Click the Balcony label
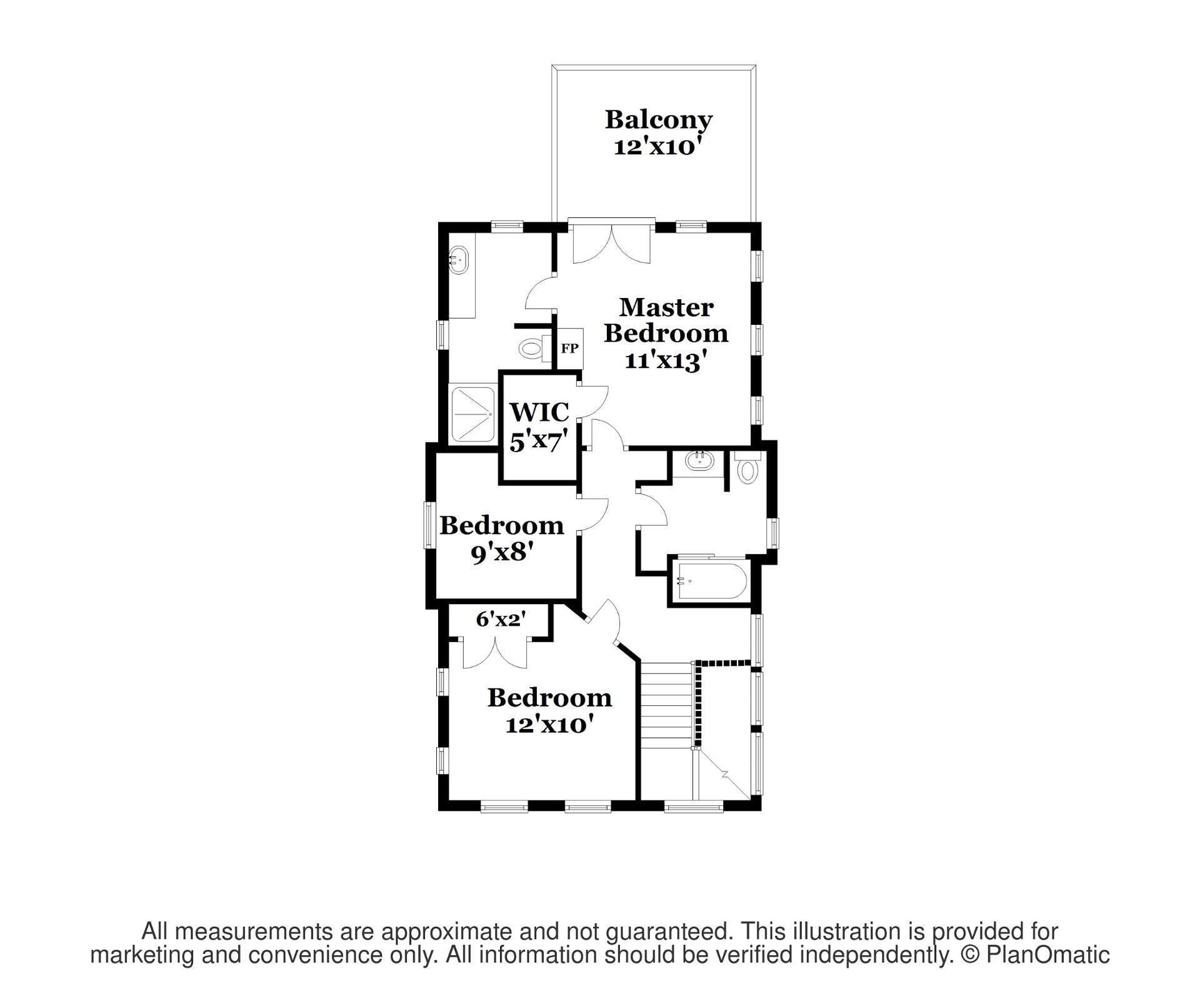(x=658, y=119)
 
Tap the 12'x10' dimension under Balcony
(x=654, y=147)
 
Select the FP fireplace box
(x=569, y=348)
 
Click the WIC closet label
(x=539, y=412)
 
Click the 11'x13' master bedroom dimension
(x=666, y=360)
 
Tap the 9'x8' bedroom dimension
(x=502, y=552)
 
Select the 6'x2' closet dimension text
(x=501, y=619)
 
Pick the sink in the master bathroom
(x=459, y=260)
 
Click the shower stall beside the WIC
(x=472, y=414)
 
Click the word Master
(x=666, y=307)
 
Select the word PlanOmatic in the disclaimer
(x=1048, y=955)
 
